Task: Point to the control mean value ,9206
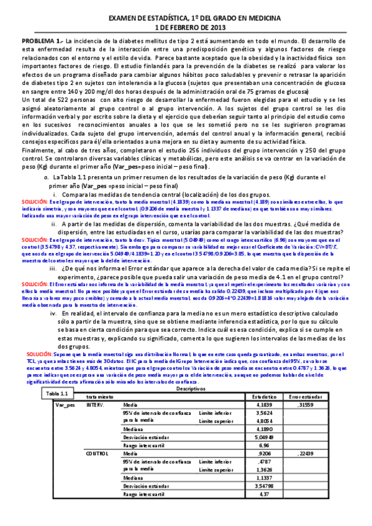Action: [x=265, y=454]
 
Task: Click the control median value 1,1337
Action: [x=264, y=478]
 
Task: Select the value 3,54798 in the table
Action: [x=262, y=486]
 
